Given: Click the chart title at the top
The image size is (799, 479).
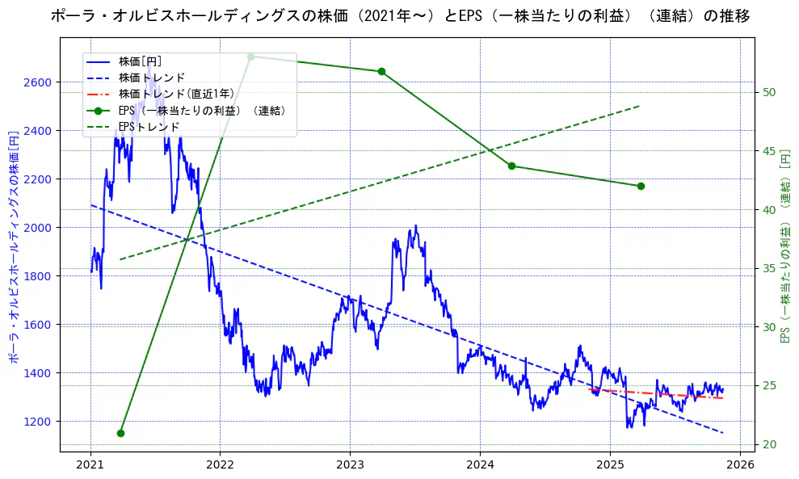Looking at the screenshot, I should (x=399, y=15).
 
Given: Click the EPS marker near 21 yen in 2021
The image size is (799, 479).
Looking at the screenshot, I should (x=120, y=433).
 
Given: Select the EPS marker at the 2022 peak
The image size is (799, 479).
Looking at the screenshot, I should (x=250, y=57).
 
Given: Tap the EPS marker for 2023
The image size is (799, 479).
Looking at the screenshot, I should (x=381, y=71).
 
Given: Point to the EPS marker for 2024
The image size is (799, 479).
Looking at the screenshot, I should (x=511, y=166).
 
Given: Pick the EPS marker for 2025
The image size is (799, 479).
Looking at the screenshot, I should (x=641, y=186).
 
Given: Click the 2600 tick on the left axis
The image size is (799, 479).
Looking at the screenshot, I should (x=39, y=82).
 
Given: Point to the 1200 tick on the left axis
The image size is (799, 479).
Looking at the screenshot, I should (x=39, y=422).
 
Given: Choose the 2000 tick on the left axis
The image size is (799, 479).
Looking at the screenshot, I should (x=39, y=228).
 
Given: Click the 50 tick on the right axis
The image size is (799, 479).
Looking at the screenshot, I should (x=770, y=92).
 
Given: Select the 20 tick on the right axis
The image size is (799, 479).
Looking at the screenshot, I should (x=770, y=444).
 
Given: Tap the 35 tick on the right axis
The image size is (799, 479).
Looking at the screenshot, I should (x=770, y=268).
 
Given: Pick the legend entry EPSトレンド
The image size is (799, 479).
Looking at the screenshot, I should (x=149, y=127).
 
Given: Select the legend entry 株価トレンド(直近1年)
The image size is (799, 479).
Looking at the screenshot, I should (x=170, y=94).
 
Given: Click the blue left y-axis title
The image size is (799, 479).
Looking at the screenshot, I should (x=14, y=244).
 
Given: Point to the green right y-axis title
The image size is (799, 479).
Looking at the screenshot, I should (x=785, y=244).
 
